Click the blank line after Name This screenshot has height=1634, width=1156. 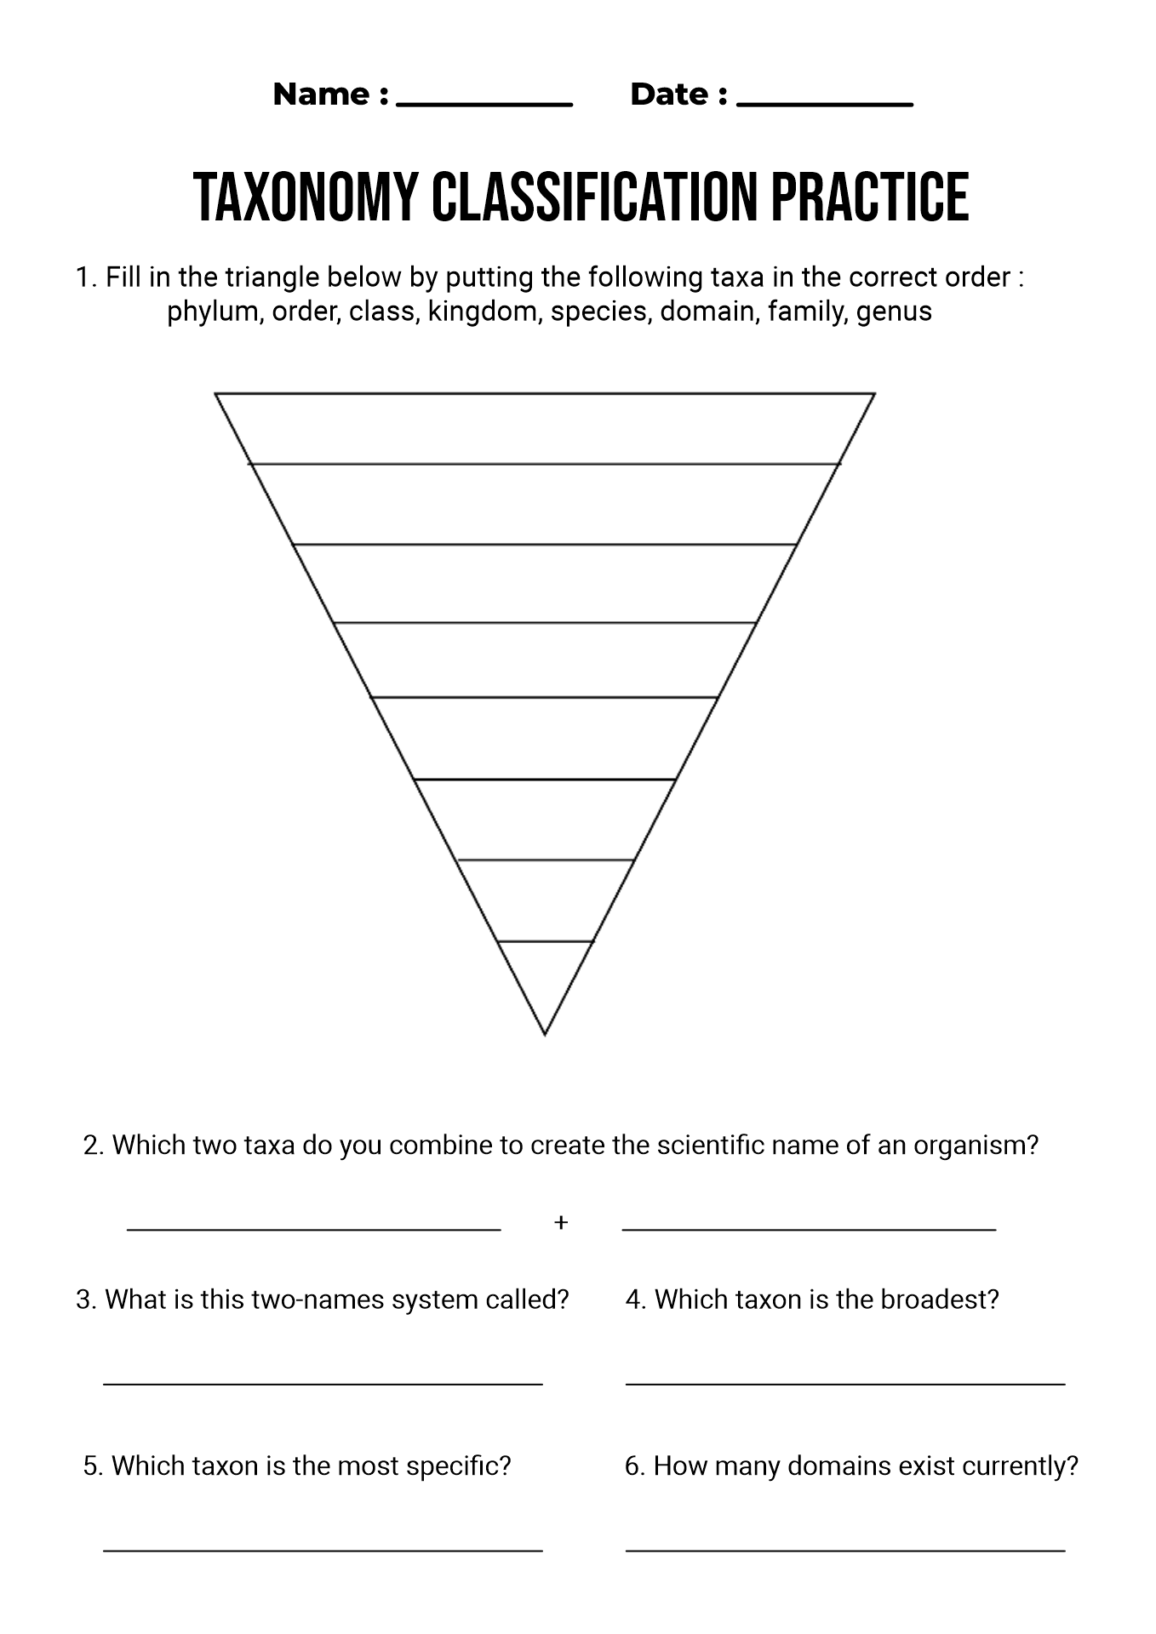485,106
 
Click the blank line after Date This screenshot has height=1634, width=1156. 825,106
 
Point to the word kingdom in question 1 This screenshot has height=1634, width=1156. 484,311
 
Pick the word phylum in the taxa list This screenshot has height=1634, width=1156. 212,312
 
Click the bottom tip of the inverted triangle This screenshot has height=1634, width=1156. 545,1035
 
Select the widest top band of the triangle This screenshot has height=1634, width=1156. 545,429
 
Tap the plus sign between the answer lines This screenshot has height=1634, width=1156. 561,1223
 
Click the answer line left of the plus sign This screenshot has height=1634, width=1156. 314,1229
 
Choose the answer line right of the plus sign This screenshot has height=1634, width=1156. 810,1229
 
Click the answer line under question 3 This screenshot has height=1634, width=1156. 323,1384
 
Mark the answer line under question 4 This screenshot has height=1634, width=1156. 846,1384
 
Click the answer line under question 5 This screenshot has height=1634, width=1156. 323,1551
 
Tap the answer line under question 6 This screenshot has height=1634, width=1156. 846,1551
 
